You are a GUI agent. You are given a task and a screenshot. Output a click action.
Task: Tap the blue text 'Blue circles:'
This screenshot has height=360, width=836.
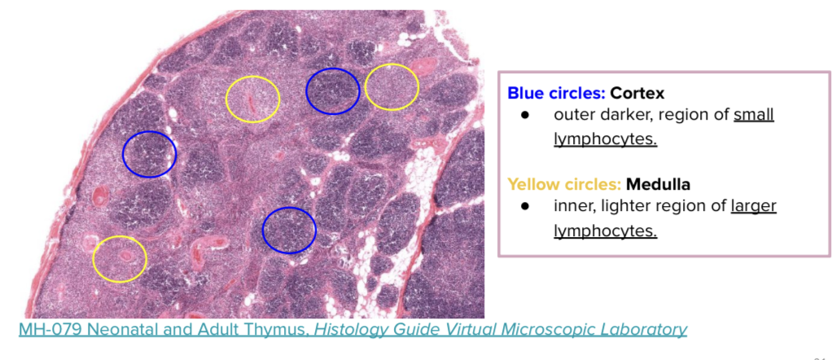(x=556, y=93)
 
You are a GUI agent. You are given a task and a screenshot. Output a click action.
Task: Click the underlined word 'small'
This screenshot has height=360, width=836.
(x=754, y=115)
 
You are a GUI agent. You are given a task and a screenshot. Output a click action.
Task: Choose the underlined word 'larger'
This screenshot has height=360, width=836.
(x=754, y=206)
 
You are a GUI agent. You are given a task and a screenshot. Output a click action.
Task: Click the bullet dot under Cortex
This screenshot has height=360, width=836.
(x=526, y=115)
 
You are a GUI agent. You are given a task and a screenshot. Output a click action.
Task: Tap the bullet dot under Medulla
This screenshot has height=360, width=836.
(x=526, y=206)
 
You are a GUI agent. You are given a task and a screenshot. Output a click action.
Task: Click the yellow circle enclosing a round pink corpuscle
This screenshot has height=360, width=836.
(x=120, y=259)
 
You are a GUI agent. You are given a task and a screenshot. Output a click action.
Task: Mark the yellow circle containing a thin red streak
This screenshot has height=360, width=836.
(x=252, y=99)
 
